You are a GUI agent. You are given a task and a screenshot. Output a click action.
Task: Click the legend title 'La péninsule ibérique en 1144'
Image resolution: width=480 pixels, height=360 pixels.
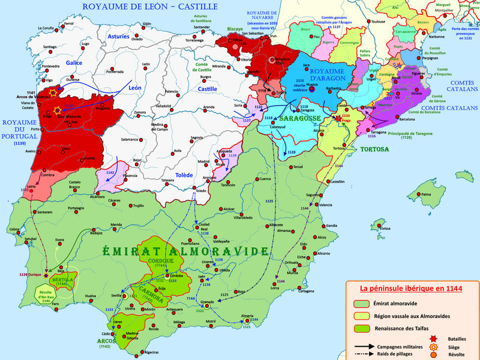click(x=411, y=288)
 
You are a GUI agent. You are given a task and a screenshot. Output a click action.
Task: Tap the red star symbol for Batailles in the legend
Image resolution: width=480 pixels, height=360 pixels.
click(x=434, y=338)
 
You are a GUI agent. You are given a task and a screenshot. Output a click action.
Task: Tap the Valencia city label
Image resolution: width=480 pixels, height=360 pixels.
click(x=326, y=205)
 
